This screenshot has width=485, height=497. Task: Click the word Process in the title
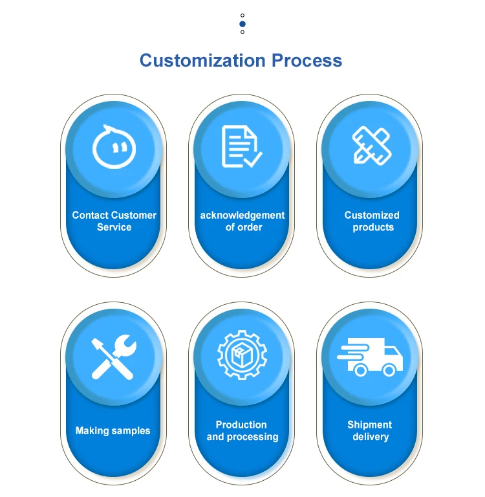pyautogui.click(x=307, y=61)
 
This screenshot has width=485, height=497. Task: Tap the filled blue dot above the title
pyautogui.click(x=242, y=23)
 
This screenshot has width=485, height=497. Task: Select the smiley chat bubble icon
pyautogui.click(x=114, y=146)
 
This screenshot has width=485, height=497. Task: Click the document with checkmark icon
pyautogui.click(x=241, y=146)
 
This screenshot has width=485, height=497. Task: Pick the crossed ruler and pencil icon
pyautogui.click(x=371, y=145)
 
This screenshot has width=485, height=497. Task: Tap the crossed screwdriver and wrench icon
pyautogui.click(x=114, y=357)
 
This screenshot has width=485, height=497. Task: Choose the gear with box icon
pyautogui.click(x=242, y=355)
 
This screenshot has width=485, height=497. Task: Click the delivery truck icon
pyautogui.click(x=371, y=356)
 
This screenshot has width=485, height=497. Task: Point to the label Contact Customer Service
pyautogui.click(x=114, y=221)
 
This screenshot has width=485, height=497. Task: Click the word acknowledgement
pyautogui.click(x=242, y=215)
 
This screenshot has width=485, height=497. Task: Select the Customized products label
pyautogui.click(x=372, y=221)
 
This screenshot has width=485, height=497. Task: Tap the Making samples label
pyautogui.click(x=113, y=430)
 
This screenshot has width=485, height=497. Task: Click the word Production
pyautogui.click(x=241, y=425)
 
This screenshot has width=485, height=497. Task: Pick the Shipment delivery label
pyautogui.click(x=370, y=431)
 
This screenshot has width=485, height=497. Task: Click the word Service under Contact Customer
pyautogui.click(x=114, y=228)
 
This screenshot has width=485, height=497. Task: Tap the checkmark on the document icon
pyautogui.click(x=252, y=159)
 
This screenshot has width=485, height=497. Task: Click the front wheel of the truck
pyautogui.click(x=389, y=370)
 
